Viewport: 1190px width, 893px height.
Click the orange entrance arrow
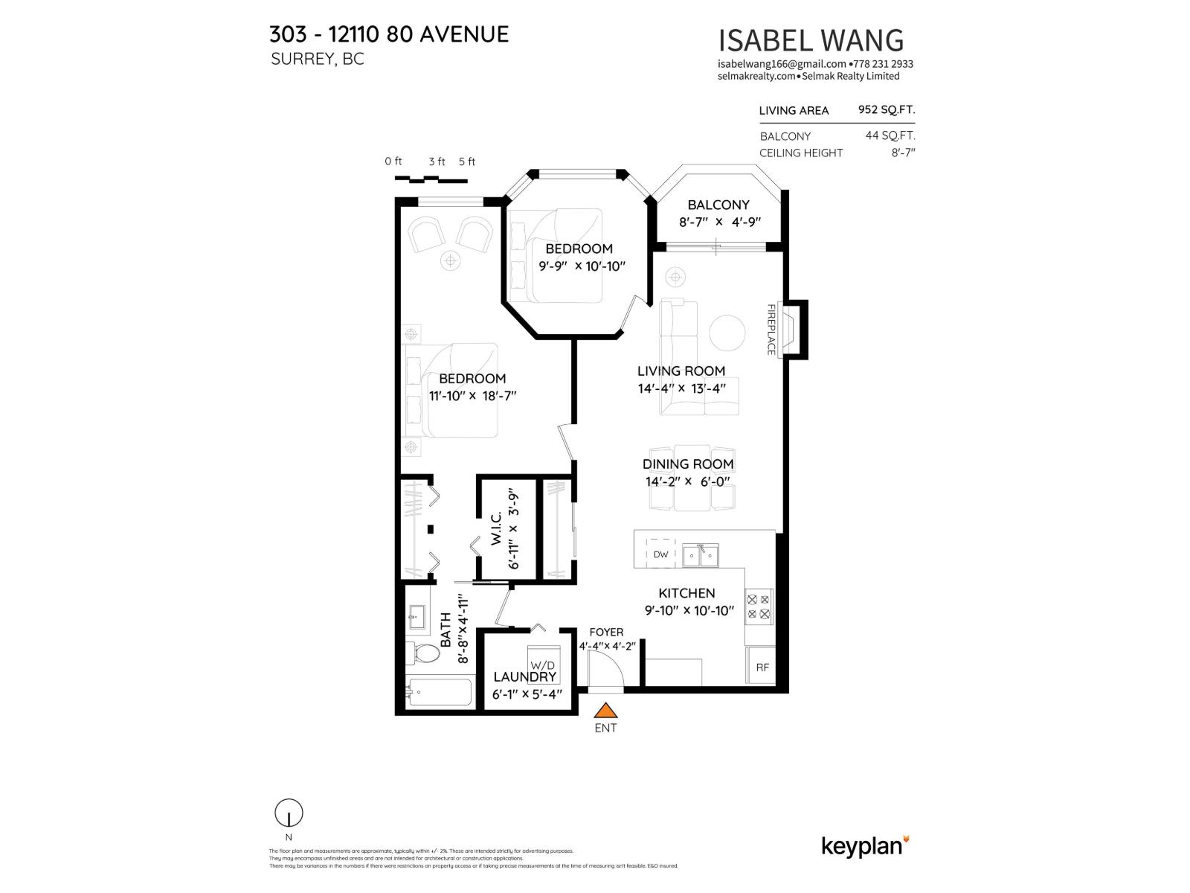pyautogui.click(x=605, y=711)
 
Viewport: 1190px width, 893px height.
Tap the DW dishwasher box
pyautogui.click(x=660, y=554)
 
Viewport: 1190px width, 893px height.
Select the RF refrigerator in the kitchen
pyautogui.click(x=762, y=667)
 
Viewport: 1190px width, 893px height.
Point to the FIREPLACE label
pyautogui.click(x=771, y=329)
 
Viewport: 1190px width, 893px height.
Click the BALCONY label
pyautogui.click(x=718, y=205)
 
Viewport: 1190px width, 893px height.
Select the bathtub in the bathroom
pyautogui.click(x=440, y=693)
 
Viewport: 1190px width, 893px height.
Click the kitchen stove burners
pyautogui.click(x=759, y=606)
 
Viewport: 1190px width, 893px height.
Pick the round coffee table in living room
pyautogui.click(x=727, y=333)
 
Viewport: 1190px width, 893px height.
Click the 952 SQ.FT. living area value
pyautogui.click(x=886, y=109)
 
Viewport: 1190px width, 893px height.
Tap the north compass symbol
pyautogui.click(x=289, y=814)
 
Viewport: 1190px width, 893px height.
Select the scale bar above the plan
pyautogui.click(x=430, y=178)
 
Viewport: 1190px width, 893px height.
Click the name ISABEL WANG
pyautogui.click(x=811, y=40)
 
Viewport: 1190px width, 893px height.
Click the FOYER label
pyautogui.click(x=606, y=632)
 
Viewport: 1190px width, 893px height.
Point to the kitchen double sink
pyautogui.click(x=701, y=554)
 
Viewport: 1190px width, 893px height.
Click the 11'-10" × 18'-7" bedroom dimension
pyautogui.click(x=472, y=396)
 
